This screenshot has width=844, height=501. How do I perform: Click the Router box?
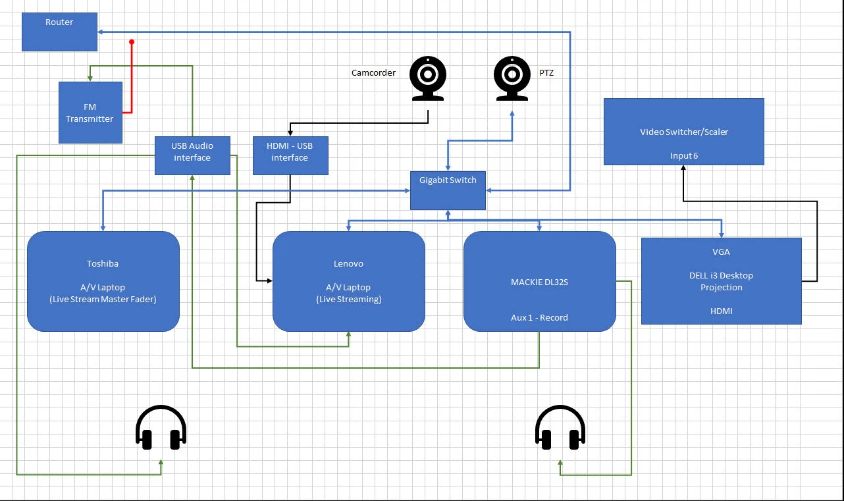[x=59, y=32]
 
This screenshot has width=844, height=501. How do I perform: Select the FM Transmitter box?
[x=90, y=113]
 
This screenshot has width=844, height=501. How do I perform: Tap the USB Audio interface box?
[x=192, y=155]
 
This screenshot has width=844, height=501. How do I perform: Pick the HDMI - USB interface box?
[x=290, y=155]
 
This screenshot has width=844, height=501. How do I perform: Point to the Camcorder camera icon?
[x=428, y=78]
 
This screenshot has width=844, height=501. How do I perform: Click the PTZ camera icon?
[x=512, y=78]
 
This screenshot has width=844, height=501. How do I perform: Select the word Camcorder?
[x=373, y=73]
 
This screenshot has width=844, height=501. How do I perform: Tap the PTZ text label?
[x=546, y=73]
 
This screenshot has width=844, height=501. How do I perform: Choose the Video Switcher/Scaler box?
[x=683, y=132]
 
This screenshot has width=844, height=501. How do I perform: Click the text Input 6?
[x=684, y=156]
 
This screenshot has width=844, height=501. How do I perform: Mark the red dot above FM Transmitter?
[x=132, y=42]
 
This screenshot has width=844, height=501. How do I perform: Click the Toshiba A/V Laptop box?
[x=103, y=281]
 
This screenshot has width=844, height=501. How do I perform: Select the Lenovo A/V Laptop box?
[x=348, y=281]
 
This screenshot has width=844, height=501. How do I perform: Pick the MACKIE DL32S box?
[x=539, y=281]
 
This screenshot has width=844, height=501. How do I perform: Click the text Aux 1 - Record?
[x=539, y=317]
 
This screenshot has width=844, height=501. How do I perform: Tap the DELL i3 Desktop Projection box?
[x=721, y=281]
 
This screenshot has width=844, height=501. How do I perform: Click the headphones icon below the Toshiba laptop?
[x=161, y=429]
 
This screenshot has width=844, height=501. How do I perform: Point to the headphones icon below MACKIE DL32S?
[x=560, y=429]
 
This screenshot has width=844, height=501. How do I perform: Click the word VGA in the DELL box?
[x=721, y=251]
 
